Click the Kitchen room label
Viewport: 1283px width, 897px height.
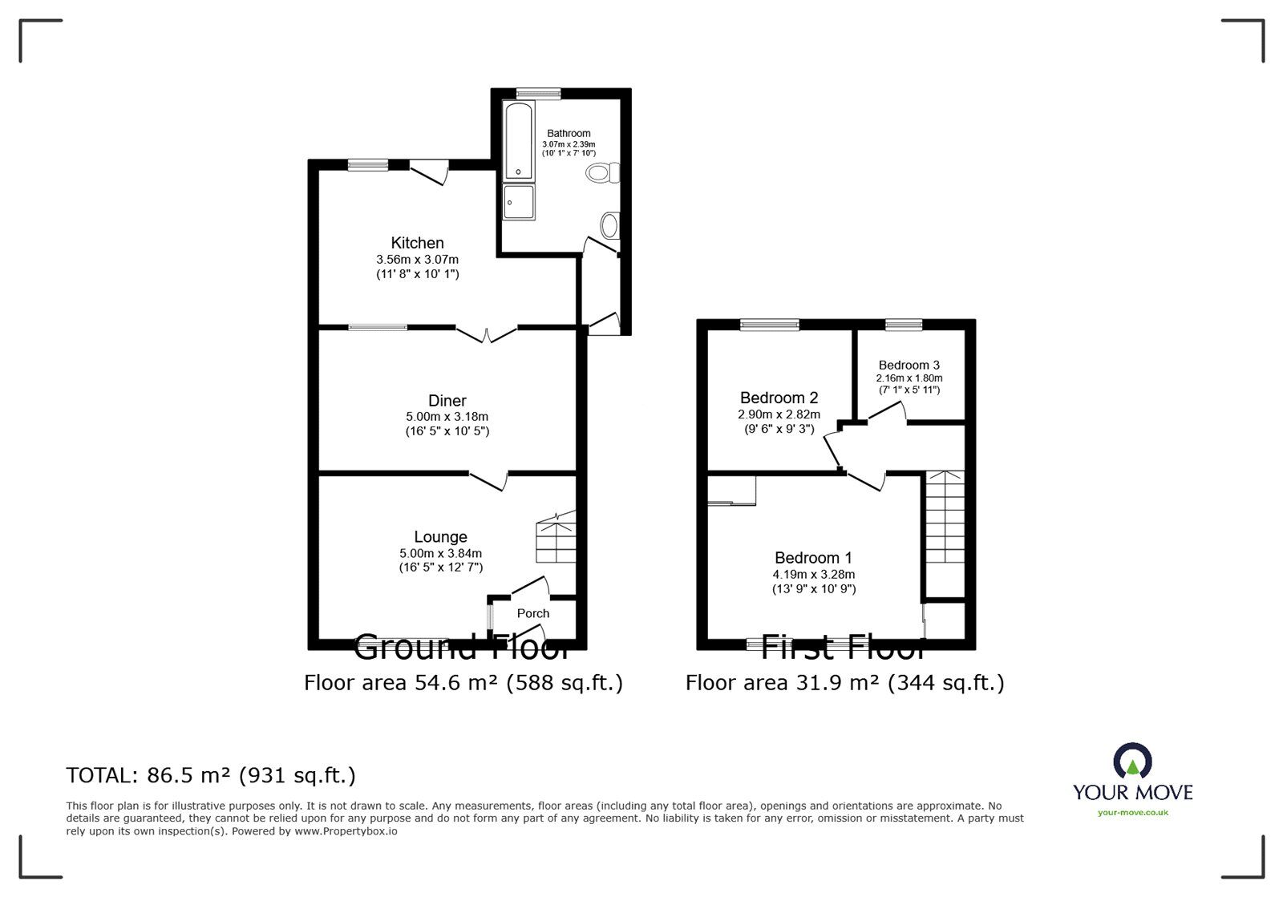tap(417, 243)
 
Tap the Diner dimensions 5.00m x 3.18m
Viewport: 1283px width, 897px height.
tap(447, 417)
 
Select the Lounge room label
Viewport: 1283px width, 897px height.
tap(440, 537)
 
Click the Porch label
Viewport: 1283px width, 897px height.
tap(532, 613)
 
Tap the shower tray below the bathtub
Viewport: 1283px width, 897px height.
tap(519, 202)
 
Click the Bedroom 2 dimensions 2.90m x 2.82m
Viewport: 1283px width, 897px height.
tap(779, 414)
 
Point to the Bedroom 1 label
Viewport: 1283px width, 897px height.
tap(813, 558)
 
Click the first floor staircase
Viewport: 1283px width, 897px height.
tap(945, 518)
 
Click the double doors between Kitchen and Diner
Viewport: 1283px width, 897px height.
tap(487, 332)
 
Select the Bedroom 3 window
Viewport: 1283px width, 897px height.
tap(904, 324)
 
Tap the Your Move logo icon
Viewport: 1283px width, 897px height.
tap(1132, 761)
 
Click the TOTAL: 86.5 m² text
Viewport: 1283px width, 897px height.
tap(211, 775)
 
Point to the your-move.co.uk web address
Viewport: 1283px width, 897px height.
tap(1132, 813)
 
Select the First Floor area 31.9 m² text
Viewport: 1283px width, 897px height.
tap(844, 682)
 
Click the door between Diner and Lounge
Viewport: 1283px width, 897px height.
tap(488, 480)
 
